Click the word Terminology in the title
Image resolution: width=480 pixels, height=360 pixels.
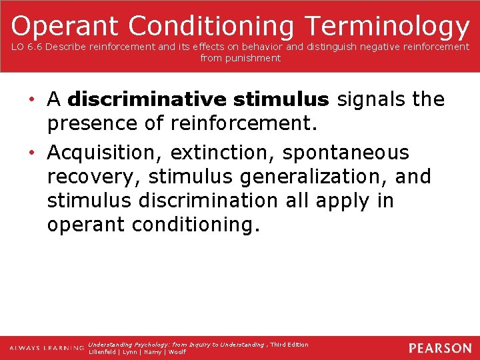(387, 26)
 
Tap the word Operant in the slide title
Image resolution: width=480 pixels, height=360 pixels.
(65, 26)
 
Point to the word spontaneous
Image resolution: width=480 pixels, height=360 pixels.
(346, 153)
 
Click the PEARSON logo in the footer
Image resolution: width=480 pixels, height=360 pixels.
(440, 348)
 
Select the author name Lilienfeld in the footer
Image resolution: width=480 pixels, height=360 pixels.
(103, 352)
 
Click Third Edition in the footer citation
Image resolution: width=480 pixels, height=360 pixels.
(289, 345)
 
